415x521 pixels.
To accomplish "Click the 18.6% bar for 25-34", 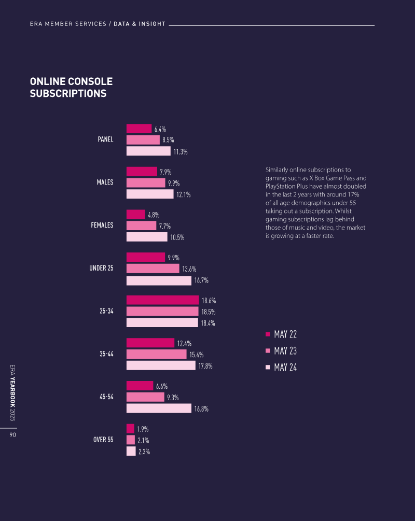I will coord(162,300).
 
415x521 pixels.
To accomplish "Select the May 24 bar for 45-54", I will coord(159,409).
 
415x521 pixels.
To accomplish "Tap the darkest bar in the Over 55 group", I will coord(130,429).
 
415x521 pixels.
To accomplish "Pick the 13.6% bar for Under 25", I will coord(153,269).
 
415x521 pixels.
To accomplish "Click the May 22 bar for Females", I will coord(136,215).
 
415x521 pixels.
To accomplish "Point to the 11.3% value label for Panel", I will coord(180,152).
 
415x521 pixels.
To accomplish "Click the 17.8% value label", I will coord(205,366).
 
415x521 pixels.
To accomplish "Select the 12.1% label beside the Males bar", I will coord(183,194).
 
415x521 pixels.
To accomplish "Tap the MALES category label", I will coord(105,182).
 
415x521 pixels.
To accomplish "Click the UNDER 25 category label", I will coord(101,268).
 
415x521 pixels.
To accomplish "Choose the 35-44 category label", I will coord(106,354).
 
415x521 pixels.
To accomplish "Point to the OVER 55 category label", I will coord(103,440).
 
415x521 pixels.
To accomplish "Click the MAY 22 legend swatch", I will coord(268,334).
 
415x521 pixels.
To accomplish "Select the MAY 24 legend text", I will coord(285,368).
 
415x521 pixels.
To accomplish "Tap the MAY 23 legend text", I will coord(285,351).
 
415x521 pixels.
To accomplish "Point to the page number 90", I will coord(13,435).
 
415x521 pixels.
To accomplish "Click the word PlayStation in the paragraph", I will coord(281,186).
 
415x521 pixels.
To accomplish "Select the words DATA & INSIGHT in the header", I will coord(140,24).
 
